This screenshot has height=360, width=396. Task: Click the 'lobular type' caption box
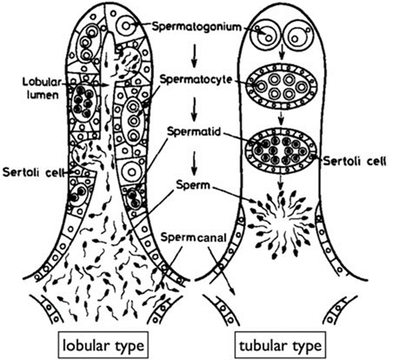click(103, 345)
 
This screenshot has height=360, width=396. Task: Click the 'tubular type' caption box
click(280, 345)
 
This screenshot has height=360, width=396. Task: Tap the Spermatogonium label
click(197, 27)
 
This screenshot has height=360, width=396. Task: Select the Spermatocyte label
click(196, 80)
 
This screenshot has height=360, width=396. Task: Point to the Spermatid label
click(194, 132)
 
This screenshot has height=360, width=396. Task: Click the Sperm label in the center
click(193, 185)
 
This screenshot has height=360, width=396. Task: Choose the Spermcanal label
click(193, 237)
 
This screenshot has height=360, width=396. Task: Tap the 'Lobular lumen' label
click(42, 88)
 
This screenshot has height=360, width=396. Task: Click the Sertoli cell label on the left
click(32, 173)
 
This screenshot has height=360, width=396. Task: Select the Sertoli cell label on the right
click(355, 161)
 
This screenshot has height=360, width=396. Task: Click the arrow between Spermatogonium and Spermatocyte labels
click(194, 56)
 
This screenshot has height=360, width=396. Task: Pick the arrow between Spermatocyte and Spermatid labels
click(194, 109)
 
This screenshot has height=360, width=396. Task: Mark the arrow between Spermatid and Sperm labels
click(194, 163)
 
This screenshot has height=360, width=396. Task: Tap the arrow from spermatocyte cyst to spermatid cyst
click(281, 118)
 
